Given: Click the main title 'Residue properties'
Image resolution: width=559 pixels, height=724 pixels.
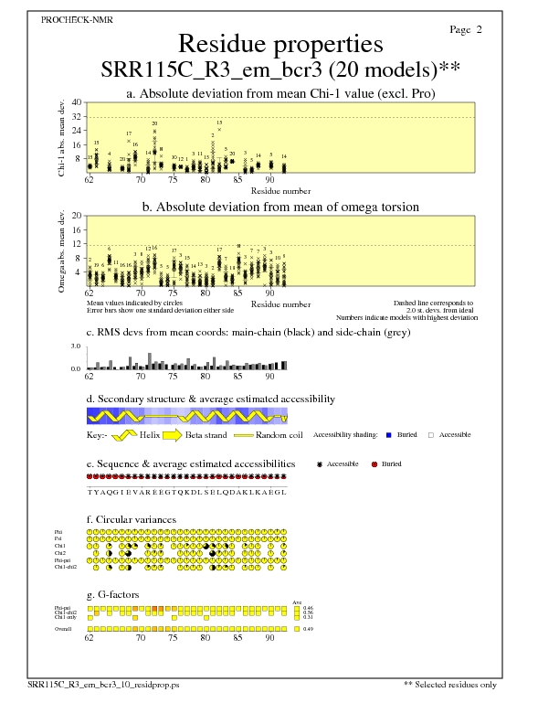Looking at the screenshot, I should [x=279, y=44].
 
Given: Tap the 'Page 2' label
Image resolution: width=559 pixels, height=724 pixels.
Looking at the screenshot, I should [x=466, y=30].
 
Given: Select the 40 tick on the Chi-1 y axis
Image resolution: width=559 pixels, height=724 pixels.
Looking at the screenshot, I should [x=78, y=102].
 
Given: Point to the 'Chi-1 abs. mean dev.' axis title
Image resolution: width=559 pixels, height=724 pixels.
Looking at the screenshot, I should [x=61, y=137].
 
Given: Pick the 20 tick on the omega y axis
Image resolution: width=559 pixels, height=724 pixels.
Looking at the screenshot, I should [x=78, y=216].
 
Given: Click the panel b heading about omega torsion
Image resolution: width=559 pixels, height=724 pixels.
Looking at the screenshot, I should [x=279, y=208].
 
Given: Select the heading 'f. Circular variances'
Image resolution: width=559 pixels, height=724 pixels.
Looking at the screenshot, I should [x=131, y=519].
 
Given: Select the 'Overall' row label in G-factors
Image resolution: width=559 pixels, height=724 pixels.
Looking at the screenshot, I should [x=64, y=629].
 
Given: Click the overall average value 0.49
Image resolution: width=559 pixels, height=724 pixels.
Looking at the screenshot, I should [x=308, y=629].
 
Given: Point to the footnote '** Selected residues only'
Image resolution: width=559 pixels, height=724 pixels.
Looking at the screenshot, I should [x=450, y=684].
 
